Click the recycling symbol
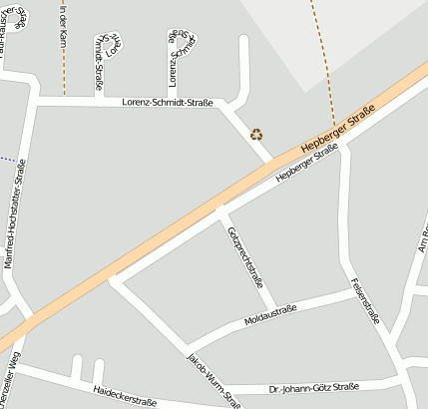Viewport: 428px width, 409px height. (x=256, y=134)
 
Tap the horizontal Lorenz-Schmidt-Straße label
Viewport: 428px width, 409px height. (x=167, y=102)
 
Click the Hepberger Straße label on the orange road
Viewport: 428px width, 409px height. (x=336, y=128)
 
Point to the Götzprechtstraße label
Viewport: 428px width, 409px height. (x=245, y=257)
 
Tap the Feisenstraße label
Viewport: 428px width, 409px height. (x=364, y=295)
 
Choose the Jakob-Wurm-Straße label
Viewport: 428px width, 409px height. (x=214, y=380)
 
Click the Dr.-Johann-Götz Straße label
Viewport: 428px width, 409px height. (x=313, y=386)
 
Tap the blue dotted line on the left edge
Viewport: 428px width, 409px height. (x=8, y=159)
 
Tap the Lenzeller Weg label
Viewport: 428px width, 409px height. (x=9, y=374)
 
